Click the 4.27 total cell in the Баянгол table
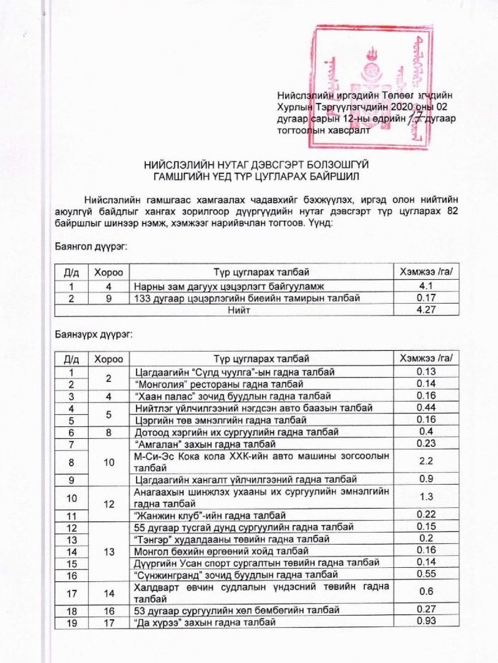coord(425,310)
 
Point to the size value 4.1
coord(425,287)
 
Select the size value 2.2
coord(425,461)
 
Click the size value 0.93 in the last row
coord(425,622)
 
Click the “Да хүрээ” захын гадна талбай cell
coord(204,622)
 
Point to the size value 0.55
coord(425,574)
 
